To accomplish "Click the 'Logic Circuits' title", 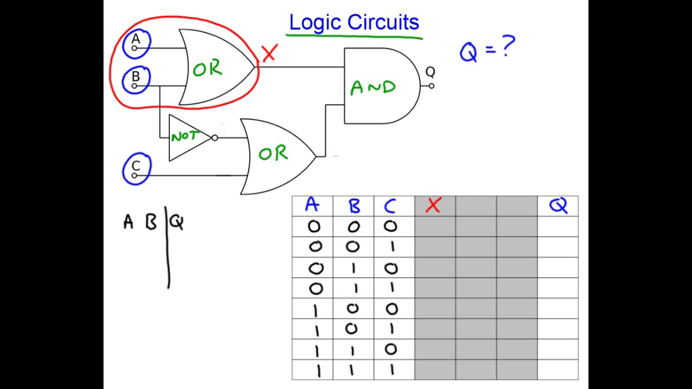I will (354, 23).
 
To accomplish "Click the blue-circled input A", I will (136, 44).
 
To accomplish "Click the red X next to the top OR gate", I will (269, 52).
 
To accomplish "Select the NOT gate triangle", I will (187, 137).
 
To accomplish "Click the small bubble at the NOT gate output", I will (215, 138).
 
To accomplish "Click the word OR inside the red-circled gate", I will (208, 69).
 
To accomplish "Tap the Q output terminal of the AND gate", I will (431, 85).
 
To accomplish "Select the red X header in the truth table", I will (434, 206).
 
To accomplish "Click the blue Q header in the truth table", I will (558, 206).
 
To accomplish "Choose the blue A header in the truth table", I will (312, 206).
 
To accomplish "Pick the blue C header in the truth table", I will (390, 206).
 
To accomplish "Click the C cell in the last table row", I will (391, 370).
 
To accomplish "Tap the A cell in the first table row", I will (313, 227).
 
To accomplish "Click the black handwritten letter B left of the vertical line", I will (151, 222).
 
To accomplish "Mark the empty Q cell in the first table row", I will (558, 227).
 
